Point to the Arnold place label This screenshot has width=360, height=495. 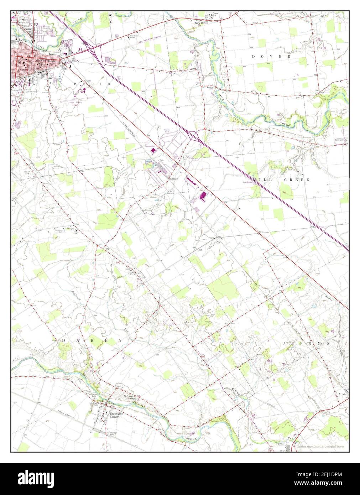[x=342, y=395]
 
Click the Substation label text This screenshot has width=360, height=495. [x=150, y=146]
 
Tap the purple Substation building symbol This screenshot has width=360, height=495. [x=153, y=151]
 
